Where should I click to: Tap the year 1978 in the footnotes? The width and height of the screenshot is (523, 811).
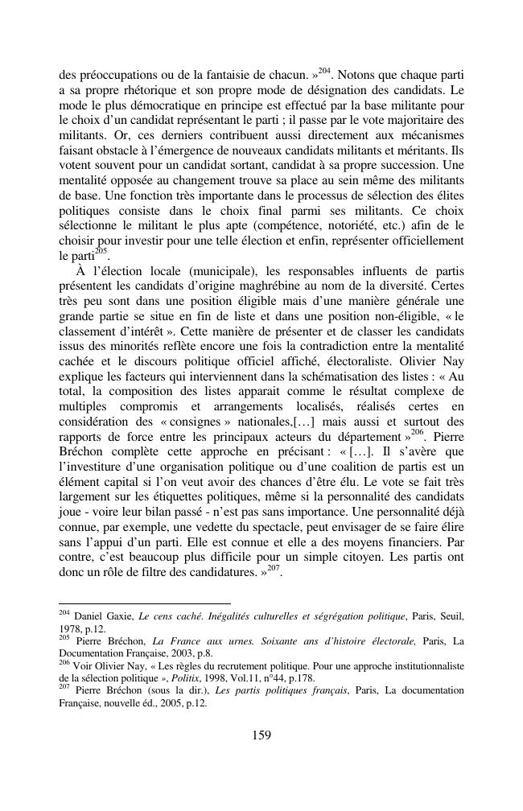(x=69, y=628)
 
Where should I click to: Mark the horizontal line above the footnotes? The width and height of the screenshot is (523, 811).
(x=145, y=603)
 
